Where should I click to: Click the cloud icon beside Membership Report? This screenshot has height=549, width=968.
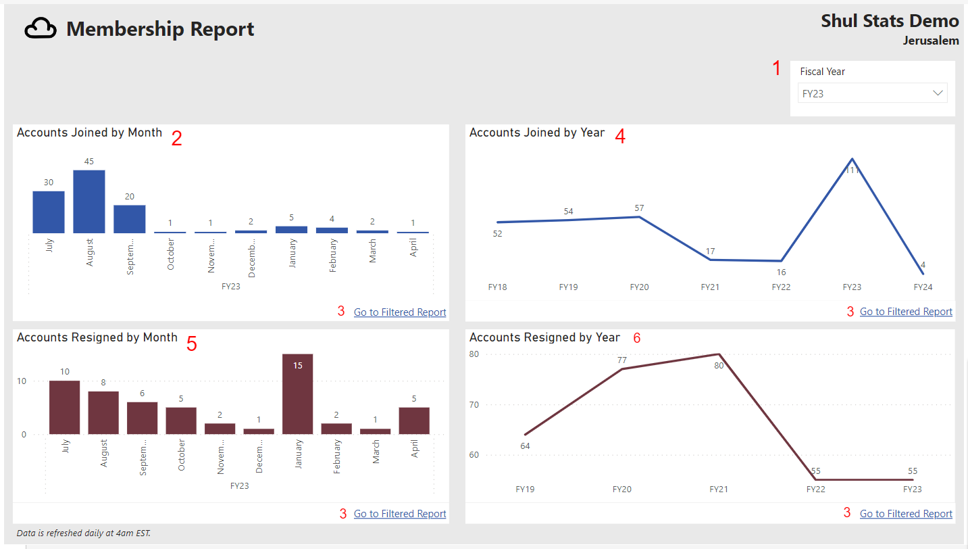(41, 29)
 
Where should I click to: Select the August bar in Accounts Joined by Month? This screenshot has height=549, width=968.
(89, 201)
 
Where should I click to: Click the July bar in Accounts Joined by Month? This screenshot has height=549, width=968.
(49, 212)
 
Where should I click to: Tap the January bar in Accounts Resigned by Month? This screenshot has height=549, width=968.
(297, 393)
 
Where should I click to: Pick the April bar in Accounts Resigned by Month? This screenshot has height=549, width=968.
(414, 420)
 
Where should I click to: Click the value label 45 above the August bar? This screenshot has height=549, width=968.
(89, 162)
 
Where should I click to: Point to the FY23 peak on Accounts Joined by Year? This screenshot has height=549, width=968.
(852, 160)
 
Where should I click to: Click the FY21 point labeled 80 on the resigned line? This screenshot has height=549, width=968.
(719, 354)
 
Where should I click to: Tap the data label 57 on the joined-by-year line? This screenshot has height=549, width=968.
(639, 208)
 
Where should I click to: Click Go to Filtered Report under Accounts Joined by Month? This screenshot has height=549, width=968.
(400, 312)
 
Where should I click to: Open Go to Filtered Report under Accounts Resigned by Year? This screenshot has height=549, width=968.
(906, 514)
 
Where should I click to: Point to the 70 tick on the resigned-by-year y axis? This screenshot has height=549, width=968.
(474, 405)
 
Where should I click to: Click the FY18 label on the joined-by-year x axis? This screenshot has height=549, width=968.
(497, 287)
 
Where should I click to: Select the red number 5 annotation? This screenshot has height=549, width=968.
(192, 344)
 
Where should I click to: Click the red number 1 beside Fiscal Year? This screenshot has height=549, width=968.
(776, 68)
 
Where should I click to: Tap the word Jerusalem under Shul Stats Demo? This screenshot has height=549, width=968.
(930, 41)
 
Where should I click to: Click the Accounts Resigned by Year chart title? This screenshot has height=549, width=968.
(544, 337)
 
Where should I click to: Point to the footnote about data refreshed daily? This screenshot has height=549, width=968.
(84, 533)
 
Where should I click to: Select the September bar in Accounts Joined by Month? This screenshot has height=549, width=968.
(130, 219)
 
